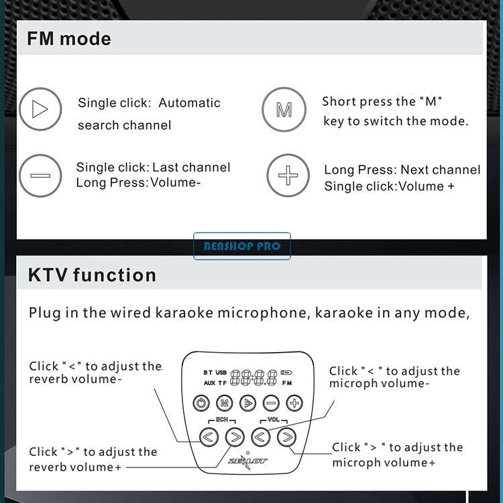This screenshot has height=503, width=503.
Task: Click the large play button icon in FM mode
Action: coord(40,109)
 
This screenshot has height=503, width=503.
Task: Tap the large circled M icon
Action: coord(284,109)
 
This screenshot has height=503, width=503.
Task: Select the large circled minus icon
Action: coord(40,176)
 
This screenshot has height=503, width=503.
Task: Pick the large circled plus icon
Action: coord(288,175)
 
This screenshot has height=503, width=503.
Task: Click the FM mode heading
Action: coord(69,39)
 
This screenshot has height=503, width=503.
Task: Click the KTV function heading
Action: coord(92,275)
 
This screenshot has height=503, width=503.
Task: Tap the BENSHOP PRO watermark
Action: coord(242,246)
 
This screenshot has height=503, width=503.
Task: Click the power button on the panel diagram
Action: coord(201,403)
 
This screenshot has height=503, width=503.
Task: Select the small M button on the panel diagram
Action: coord(225,403)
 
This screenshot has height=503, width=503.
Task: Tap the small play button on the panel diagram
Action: coord(248,403)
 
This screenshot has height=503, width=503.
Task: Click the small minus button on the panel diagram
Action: coord(271,403)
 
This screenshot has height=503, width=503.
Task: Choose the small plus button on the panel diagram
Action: coord(294,403)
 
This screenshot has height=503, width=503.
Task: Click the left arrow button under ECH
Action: coord(209,437)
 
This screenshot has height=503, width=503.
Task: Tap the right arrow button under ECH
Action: coord(235,437)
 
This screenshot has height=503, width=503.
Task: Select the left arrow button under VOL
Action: coord(260,437)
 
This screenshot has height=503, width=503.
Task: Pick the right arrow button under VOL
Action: coord(287,437)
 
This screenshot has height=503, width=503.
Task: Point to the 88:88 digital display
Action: coord(254,377)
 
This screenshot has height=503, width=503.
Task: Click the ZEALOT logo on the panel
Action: coord(247,461)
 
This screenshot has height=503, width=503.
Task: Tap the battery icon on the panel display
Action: coord(286,372)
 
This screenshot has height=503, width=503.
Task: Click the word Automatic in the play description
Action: coord(189,103)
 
